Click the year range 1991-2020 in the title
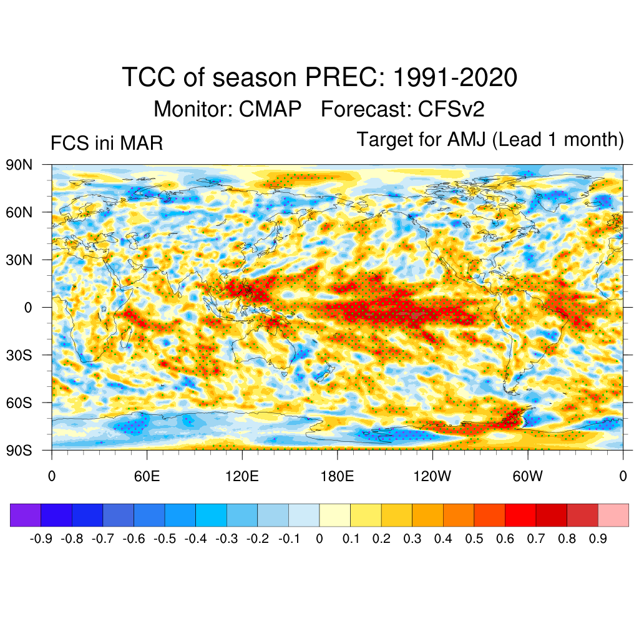pos(455,78)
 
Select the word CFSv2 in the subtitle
pos(451,109)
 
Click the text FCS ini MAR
pos(107,144)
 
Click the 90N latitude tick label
pos(19,165)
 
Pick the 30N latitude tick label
pos(19,260)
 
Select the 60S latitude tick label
pos(19,402)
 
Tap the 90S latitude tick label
pos(19,450)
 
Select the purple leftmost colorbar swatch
pos(26,515)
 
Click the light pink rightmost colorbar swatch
pos(613,515)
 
